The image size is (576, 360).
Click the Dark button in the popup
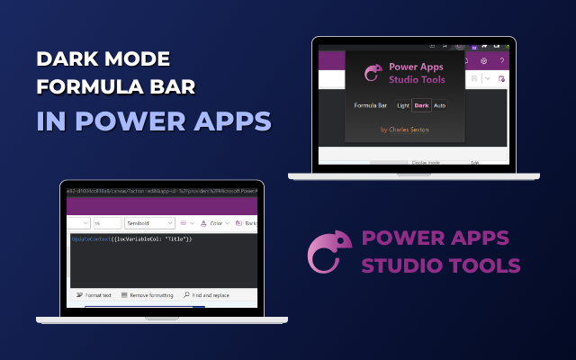pyautogui.click(x=421, y=105)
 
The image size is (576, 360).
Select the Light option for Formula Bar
pyautogui.click(x=402, y=105)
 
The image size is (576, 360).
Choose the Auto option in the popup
pyautogui.click(x=439, y=105)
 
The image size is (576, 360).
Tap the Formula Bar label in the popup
pyautogui.click(x=370, y=105)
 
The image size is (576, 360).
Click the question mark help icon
pyautogui.click(x=501, y=60)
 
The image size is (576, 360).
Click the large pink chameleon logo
pyautogui.click(x=325, y=253)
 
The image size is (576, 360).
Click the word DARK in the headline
pyautogui.click(x=69, y=60)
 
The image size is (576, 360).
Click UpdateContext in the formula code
pyautogui.click(x=94, y=239)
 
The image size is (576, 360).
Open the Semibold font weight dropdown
pyautogui.click(x=148, y=222)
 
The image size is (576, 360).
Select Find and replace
pyautogui.click(x=206, y=294)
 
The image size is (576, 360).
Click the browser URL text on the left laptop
pyautogui.click(x=162, y=191)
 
